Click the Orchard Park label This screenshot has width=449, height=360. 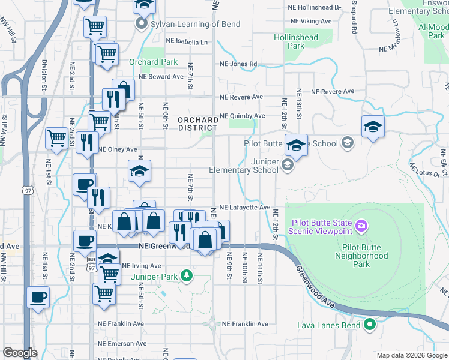point(153,62)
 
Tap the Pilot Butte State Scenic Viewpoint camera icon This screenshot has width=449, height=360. point(361,226)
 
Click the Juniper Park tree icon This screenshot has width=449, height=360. point(187,275)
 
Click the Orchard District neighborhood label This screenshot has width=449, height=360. point(198,124)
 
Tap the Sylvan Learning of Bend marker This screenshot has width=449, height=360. point(142,25)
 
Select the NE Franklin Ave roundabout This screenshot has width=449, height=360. point(212,324)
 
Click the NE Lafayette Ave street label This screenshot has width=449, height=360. point(244,207)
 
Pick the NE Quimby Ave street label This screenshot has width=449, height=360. point(242,116)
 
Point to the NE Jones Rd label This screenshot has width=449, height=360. point(238,64)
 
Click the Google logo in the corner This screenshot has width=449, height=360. point(20,353)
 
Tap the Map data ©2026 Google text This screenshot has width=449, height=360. point(411,355)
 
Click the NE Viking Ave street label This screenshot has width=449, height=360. point(311,21)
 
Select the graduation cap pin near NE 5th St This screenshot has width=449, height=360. point(140,171)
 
